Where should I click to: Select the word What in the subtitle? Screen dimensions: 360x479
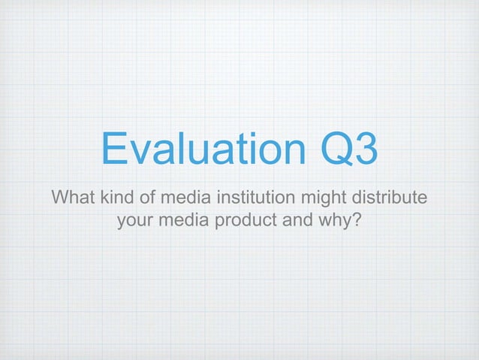point(73,198)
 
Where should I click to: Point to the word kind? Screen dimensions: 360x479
point(119,198)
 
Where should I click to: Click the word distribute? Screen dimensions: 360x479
point(391,198)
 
